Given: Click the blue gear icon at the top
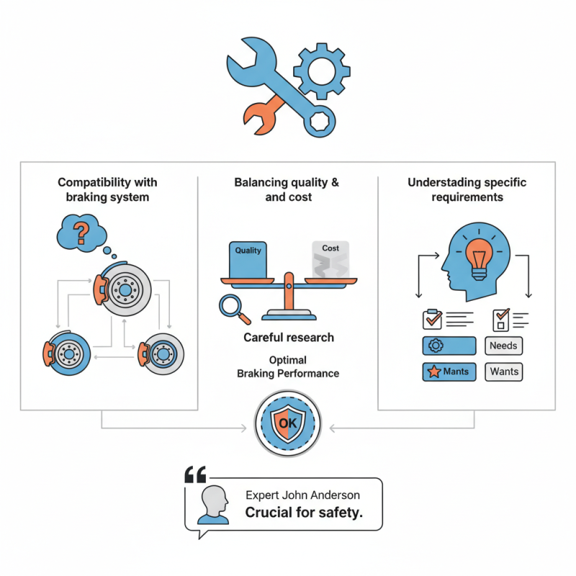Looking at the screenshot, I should [322, 70].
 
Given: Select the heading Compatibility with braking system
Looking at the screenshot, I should [107, 189].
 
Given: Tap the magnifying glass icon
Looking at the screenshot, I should [234, 308].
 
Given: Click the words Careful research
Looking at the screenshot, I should [288, 338].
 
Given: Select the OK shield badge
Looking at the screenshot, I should [288, 423].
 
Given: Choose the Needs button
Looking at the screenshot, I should [503, 346].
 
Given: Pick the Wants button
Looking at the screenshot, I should [503, 372].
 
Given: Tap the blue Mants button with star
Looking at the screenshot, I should [448, 372].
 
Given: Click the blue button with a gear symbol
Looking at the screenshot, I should [448, 346].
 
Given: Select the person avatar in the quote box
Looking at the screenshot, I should [215, 505].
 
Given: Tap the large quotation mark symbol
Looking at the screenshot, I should [195, 475].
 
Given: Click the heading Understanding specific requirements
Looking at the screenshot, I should [467, 189].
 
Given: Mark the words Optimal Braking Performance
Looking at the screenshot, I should [288, 366].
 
